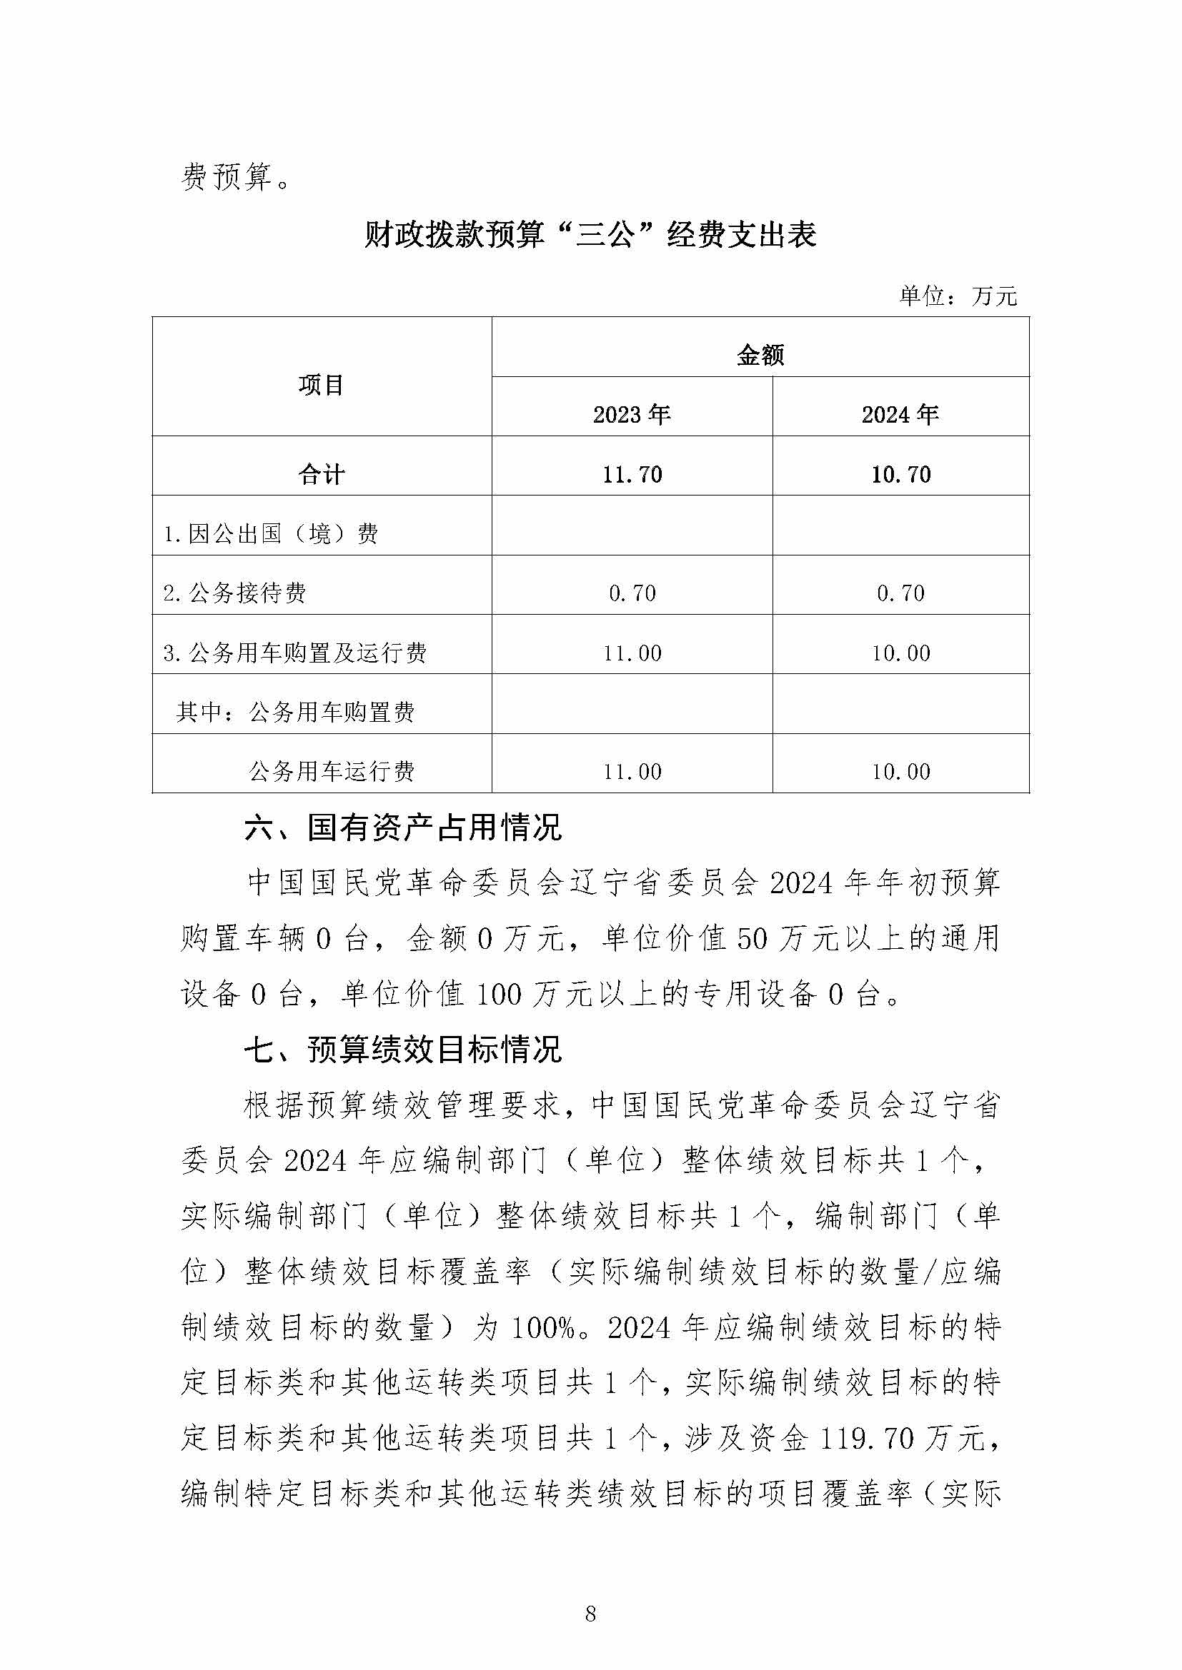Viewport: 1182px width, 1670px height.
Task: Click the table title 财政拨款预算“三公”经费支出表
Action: [590, 235]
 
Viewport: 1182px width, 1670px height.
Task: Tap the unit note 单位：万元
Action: [958, 296]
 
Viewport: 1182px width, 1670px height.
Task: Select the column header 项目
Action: [321, 385]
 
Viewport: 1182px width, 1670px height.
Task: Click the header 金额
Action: [760, 355]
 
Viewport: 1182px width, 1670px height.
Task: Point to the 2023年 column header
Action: [631, 415]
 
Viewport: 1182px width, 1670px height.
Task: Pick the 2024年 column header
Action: [900, 415]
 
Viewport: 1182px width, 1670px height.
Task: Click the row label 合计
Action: [321, 474]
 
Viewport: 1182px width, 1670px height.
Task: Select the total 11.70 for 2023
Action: [632, 474]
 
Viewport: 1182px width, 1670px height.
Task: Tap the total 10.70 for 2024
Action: [901, 474]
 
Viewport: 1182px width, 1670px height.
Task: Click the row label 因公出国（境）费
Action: [271, 534]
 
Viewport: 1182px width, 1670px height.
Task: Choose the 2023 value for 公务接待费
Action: [632, 593]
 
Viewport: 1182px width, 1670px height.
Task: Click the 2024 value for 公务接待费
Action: [901, 593]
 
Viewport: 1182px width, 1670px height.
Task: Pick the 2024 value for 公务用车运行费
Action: [901, 771]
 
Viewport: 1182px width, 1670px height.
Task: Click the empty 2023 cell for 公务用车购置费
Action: [632, 704]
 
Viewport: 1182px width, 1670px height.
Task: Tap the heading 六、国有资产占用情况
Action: [403, 828]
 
